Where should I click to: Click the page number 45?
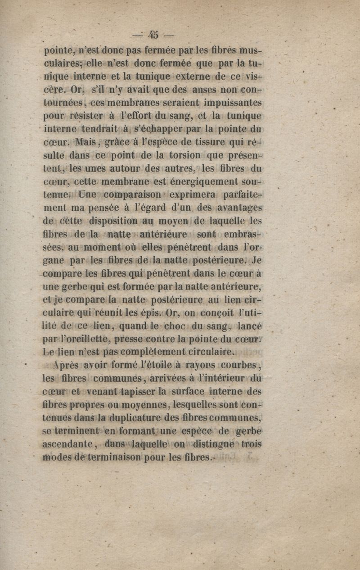click(x=154, y=35)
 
